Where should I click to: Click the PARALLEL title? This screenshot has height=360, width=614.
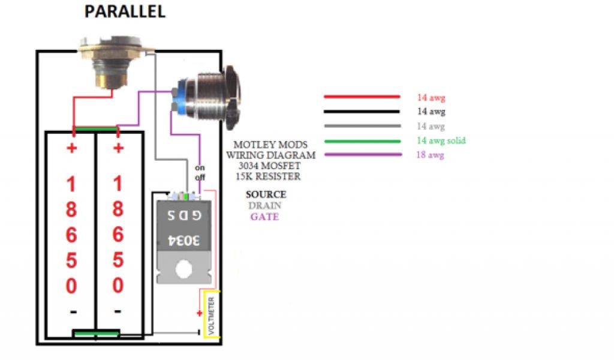point(125,12)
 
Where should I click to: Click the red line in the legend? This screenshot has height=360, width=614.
point(362,97)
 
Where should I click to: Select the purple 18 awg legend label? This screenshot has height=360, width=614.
point(431,155)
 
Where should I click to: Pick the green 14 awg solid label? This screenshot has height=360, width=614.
point(441,140)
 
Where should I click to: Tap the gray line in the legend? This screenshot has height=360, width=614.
point(362,126)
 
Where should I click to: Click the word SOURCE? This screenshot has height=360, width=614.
point(266,195)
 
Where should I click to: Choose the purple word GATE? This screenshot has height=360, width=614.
point(264,217)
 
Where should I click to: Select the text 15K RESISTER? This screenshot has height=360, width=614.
point(267,177)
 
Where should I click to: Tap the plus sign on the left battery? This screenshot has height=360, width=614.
point(72,148)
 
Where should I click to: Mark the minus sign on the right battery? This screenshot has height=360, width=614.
point(118,311)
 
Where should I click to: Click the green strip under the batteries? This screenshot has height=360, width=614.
point(96,334)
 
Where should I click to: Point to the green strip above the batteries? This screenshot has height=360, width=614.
point(95,128)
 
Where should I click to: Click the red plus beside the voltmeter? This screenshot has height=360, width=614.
point(198,313)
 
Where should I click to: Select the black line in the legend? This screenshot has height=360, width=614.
point(362,112)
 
